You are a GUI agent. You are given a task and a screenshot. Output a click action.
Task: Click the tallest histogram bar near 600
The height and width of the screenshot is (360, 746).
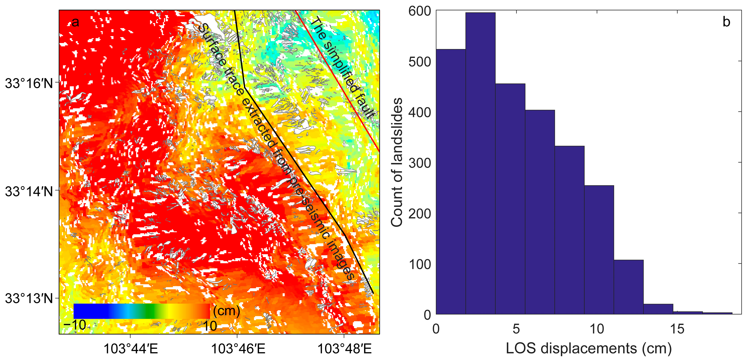click(x=480, y=162)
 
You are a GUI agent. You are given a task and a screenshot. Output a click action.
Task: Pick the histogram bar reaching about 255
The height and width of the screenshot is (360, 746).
click(x=599, y=249)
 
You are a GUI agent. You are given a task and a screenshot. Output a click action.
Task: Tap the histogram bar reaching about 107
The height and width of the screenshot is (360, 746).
click(x=628, y=287)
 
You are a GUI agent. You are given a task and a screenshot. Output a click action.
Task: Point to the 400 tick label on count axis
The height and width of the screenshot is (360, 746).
click(x=420, y=112)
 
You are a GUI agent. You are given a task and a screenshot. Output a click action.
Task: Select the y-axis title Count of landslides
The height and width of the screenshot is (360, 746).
click(x=397, y=162)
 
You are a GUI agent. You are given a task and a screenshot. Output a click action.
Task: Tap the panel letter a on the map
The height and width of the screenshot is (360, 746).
click(x=75, y=22)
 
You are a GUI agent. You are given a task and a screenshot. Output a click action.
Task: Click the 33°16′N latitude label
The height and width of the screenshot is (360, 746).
click(x=29, y=83)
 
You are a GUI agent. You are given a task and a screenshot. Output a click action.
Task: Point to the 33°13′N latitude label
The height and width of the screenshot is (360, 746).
click(x=29, y=298)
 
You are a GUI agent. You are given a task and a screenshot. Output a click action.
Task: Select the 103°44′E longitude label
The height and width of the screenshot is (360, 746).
click(x=131, y=349)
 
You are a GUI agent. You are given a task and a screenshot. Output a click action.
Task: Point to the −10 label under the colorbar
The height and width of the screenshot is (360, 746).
click(x=75, y=325)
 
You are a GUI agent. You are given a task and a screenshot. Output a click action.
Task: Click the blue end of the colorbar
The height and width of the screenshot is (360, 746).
click(x=84, y=311)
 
